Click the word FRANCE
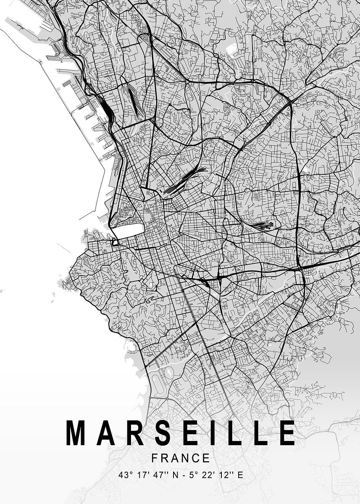(181, 458)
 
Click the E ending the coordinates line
(240, 475)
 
